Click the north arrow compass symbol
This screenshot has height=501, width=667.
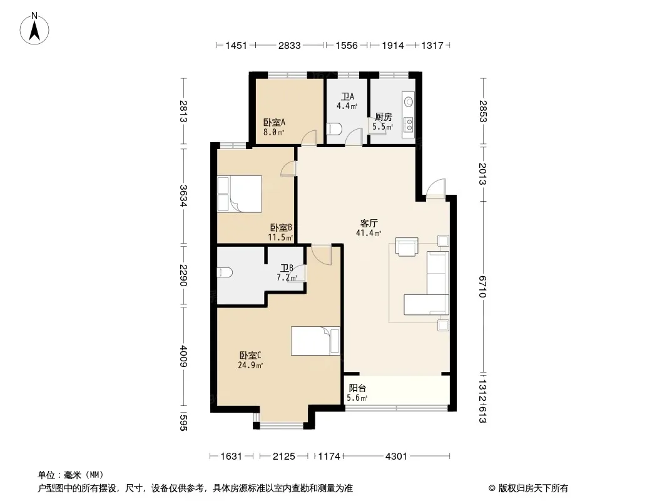[34, 29]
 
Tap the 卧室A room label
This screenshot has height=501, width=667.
[274, 123]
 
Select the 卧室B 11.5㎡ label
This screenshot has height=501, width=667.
[281, 232]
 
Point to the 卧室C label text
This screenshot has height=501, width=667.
[250, 355]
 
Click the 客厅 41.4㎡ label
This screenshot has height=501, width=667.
[369, 228]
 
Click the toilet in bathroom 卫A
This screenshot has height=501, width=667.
[335, 128]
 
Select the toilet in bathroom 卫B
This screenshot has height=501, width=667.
[224, 272]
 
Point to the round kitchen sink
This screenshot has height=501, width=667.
[409, 101]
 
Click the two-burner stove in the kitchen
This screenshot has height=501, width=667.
[409, 124]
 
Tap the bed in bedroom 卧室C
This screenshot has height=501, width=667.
[315, 341]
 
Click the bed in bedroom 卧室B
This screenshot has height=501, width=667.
[240, 194]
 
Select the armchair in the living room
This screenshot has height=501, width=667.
[407, 247]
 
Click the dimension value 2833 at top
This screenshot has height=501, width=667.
[289, 46]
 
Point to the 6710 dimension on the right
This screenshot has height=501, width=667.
[482, 286]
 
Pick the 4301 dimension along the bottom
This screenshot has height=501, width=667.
[396, 457]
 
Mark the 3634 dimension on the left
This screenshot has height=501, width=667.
[183, 196]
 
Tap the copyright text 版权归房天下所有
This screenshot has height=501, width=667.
[533, 488]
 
